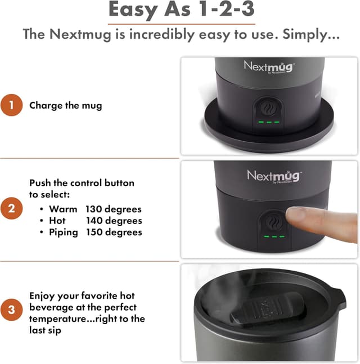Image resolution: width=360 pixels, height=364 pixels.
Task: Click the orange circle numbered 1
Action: click(12, 105)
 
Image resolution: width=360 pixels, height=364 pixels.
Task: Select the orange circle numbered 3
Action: click(12, 309)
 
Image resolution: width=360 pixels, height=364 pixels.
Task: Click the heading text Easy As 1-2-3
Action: click(179, 10)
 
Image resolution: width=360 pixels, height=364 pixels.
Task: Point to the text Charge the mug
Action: click(66, 105)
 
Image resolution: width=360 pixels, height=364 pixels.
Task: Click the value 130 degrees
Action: click(114, 209)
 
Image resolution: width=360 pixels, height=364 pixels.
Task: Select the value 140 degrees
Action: click(114, 221)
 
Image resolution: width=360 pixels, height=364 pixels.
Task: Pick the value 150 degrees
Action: click(114, 232)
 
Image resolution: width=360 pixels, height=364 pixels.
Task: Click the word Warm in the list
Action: click(63, 209)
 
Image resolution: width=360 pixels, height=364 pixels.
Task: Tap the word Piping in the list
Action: click(63, 232)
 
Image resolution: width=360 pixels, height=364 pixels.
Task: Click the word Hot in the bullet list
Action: click(57, 221)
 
